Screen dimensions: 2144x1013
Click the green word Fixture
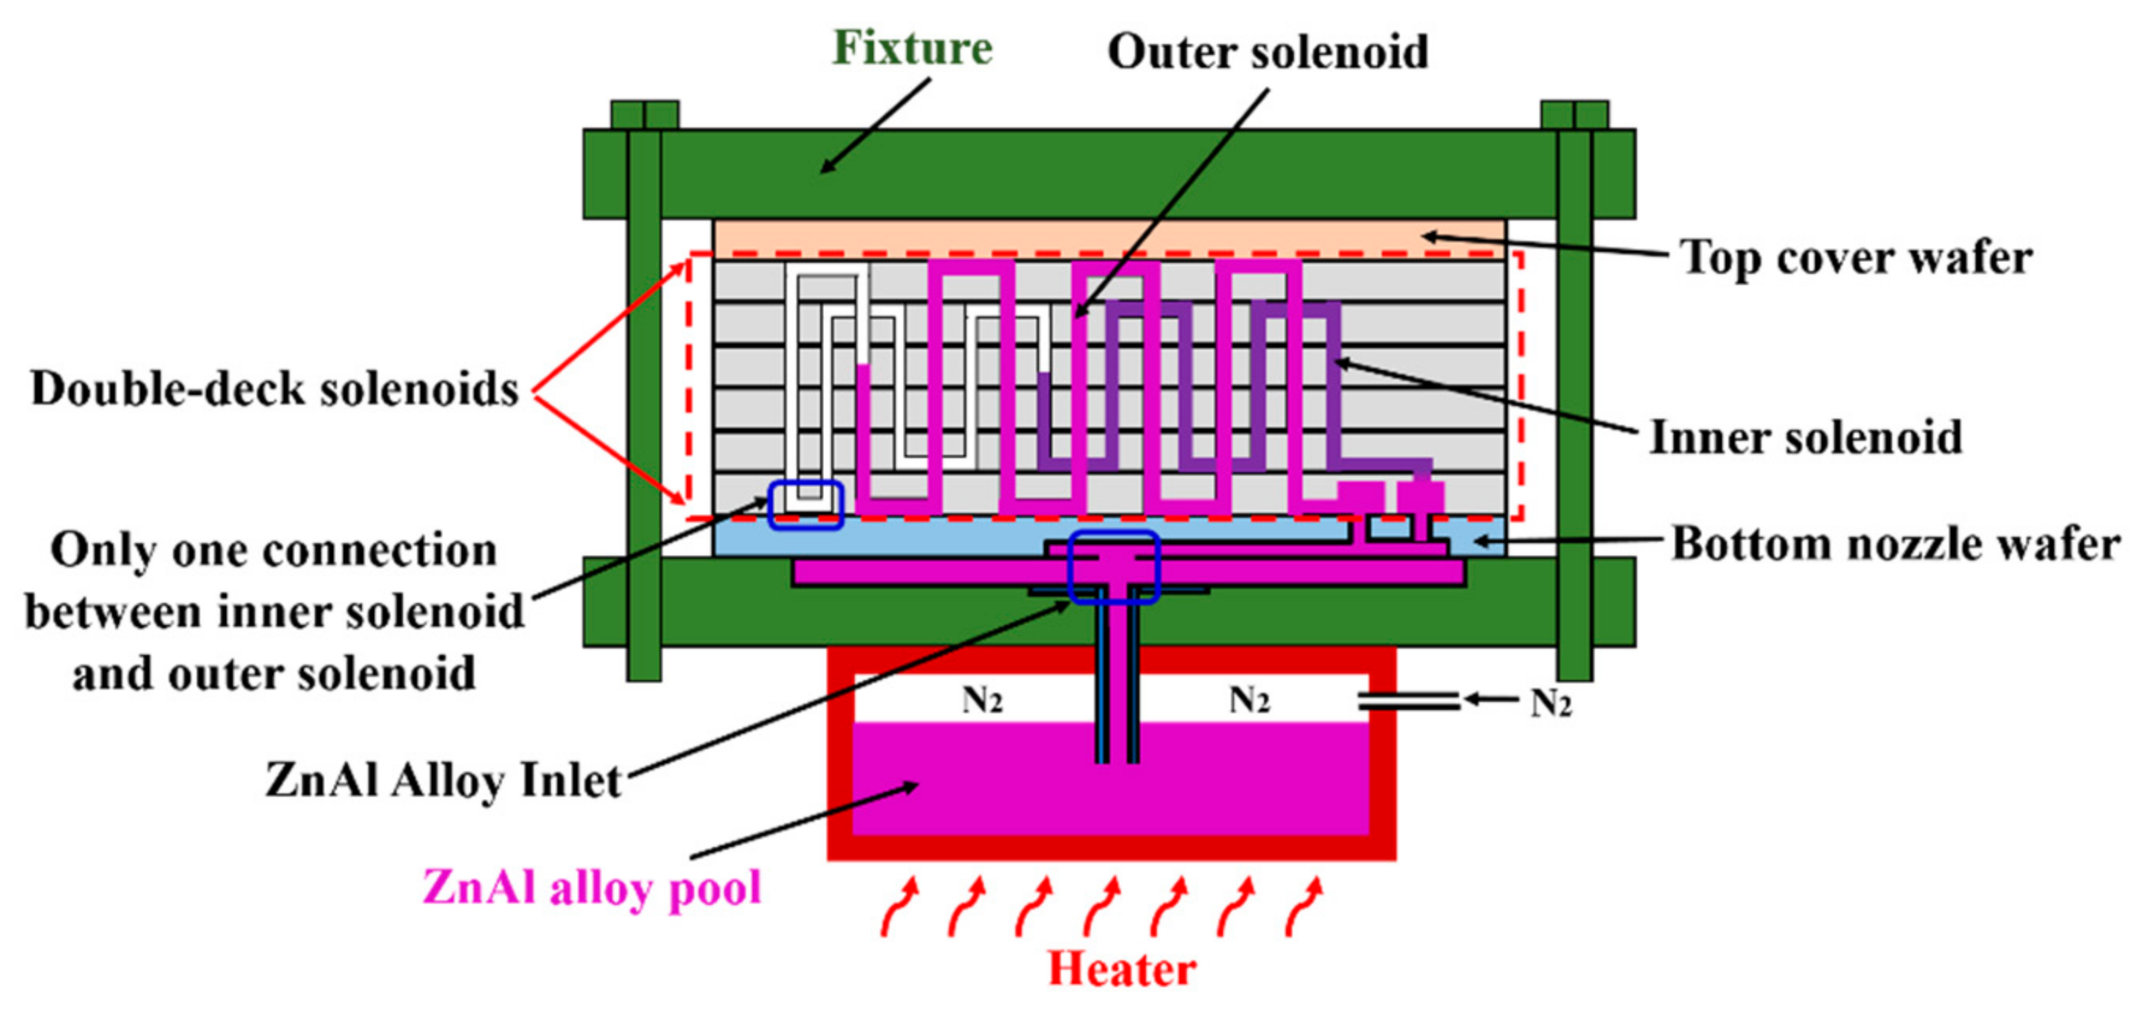(912, 47)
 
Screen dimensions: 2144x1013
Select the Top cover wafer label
(1855, 258)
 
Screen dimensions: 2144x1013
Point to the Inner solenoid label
(1806, 438)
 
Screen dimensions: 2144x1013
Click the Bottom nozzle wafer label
(1895, 545)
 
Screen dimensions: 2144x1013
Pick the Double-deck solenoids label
(275, 389)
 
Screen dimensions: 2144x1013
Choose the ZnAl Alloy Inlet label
(444, 781)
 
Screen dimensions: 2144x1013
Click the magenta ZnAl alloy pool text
(592, 888)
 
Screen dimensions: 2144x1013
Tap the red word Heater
(1121, 970)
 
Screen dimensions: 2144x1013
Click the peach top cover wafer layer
(1110, 239)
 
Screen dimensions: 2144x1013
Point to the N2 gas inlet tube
(1408, 701)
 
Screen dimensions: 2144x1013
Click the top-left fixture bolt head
(644, 116)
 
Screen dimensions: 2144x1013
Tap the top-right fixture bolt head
(1574, 116)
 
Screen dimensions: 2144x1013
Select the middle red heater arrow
(1102, 907)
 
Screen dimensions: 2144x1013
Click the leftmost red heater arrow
(900, 907)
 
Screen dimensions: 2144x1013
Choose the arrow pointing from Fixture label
(874, 126)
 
